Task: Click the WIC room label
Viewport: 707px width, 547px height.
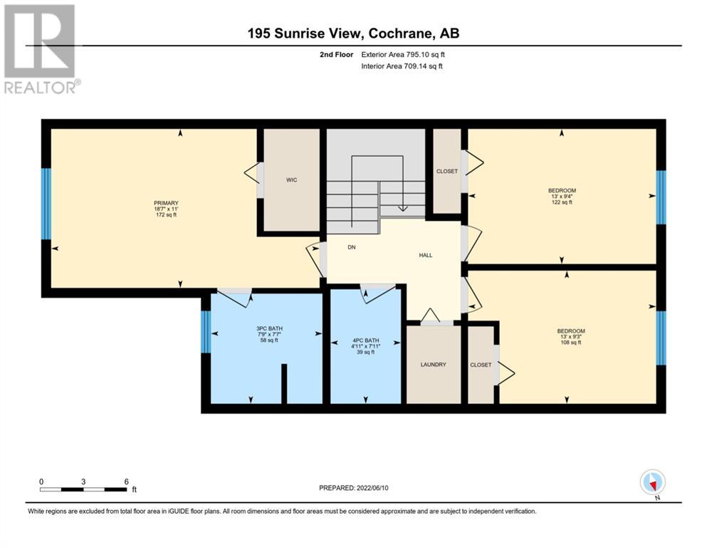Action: pos(292,180)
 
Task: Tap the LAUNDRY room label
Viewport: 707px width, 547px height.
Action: pos(434,365)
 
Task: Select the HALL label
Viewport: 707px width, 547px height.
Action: pos(426,255)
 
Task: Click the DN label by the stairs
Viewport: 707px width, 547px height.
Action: pos(352,247)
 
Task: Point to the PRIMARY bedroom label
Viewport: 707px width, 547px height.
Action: pos(166,203)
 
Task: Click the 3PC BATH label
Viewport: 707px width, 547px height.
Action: pos(270,329)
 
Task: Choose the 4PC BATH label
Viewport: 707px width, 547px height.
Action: pos(366,340)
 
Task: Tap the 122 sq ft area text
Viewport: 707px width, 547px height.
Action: pos(562,202)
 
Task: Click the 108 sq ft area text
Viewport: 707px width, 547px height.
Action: pos(571,343)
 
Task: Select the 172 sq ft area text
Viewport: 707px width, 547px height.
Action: pos(166,214)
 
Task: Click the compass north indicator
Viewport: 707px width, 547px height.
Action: pos(653,483)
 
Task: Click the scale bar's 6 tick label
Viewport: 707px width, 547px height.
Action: pos(126,481)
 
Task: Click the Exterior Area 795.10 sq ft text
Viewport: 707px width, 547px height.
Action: pos(403,55)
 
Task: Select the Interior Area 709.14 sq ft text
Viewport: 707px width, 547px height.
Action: pos(402,66)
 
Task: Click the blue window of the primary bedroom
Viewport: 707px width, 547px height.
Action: pos(46,204)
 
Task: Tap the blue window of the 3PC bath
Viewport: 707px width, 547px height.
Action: pos(206,332)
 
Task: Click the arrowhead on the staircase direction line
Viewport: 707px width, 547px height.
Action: pos(403,209)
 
